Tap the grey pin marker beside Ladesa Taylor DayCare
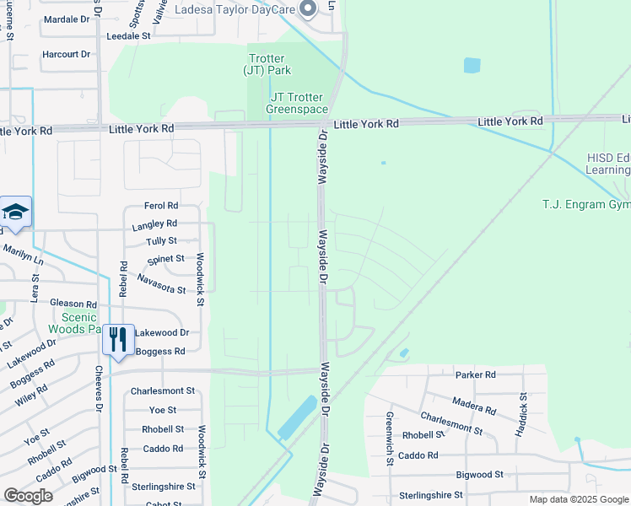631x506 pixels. [x=308, y=9]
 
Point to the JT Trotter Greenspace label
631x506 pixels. [x=298, y=103]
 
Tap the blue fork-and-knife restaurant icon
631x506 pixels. [x=118, y=339]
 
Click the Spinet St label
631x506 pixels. [x=165, y=259]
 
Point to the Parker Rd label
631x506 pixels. [x=475, y=374]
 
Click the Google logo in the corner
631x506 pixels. [x=28, y=496]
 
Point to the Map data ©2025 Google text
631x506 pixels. [x=579, y=499]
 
